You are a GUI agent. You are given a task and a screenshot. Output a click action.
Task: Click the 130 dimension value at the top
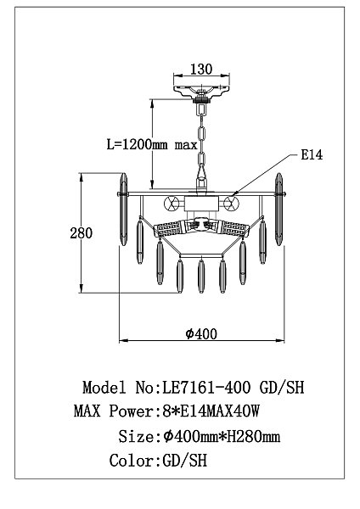(201, 70)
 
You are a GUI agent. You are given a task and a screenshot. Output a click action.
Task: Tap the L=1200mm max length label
(152, 144)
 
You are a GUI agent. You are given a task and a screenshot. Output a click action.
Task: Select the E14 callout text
(312, 154)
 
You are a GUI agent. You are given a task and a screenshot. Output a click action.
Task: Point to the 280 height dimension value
(82, 233)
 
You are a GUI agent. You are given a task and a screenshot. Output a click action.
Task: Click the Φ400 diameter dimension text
(201, 333)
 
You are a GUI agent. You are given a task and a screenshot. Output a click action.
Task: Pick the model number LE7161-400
(206, 388)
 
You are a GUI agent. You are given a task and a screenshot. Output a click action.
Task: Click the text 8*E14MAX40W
(211, 411)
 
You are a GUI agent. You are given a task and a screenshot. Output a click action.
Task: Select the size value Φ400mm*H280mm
(222, 436)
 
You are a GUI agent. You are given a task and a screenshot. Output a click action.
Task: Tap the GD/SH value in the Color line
(184, 461)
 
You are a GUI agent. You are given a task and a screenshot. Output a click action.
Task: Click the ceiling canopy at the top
(201, 91)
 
